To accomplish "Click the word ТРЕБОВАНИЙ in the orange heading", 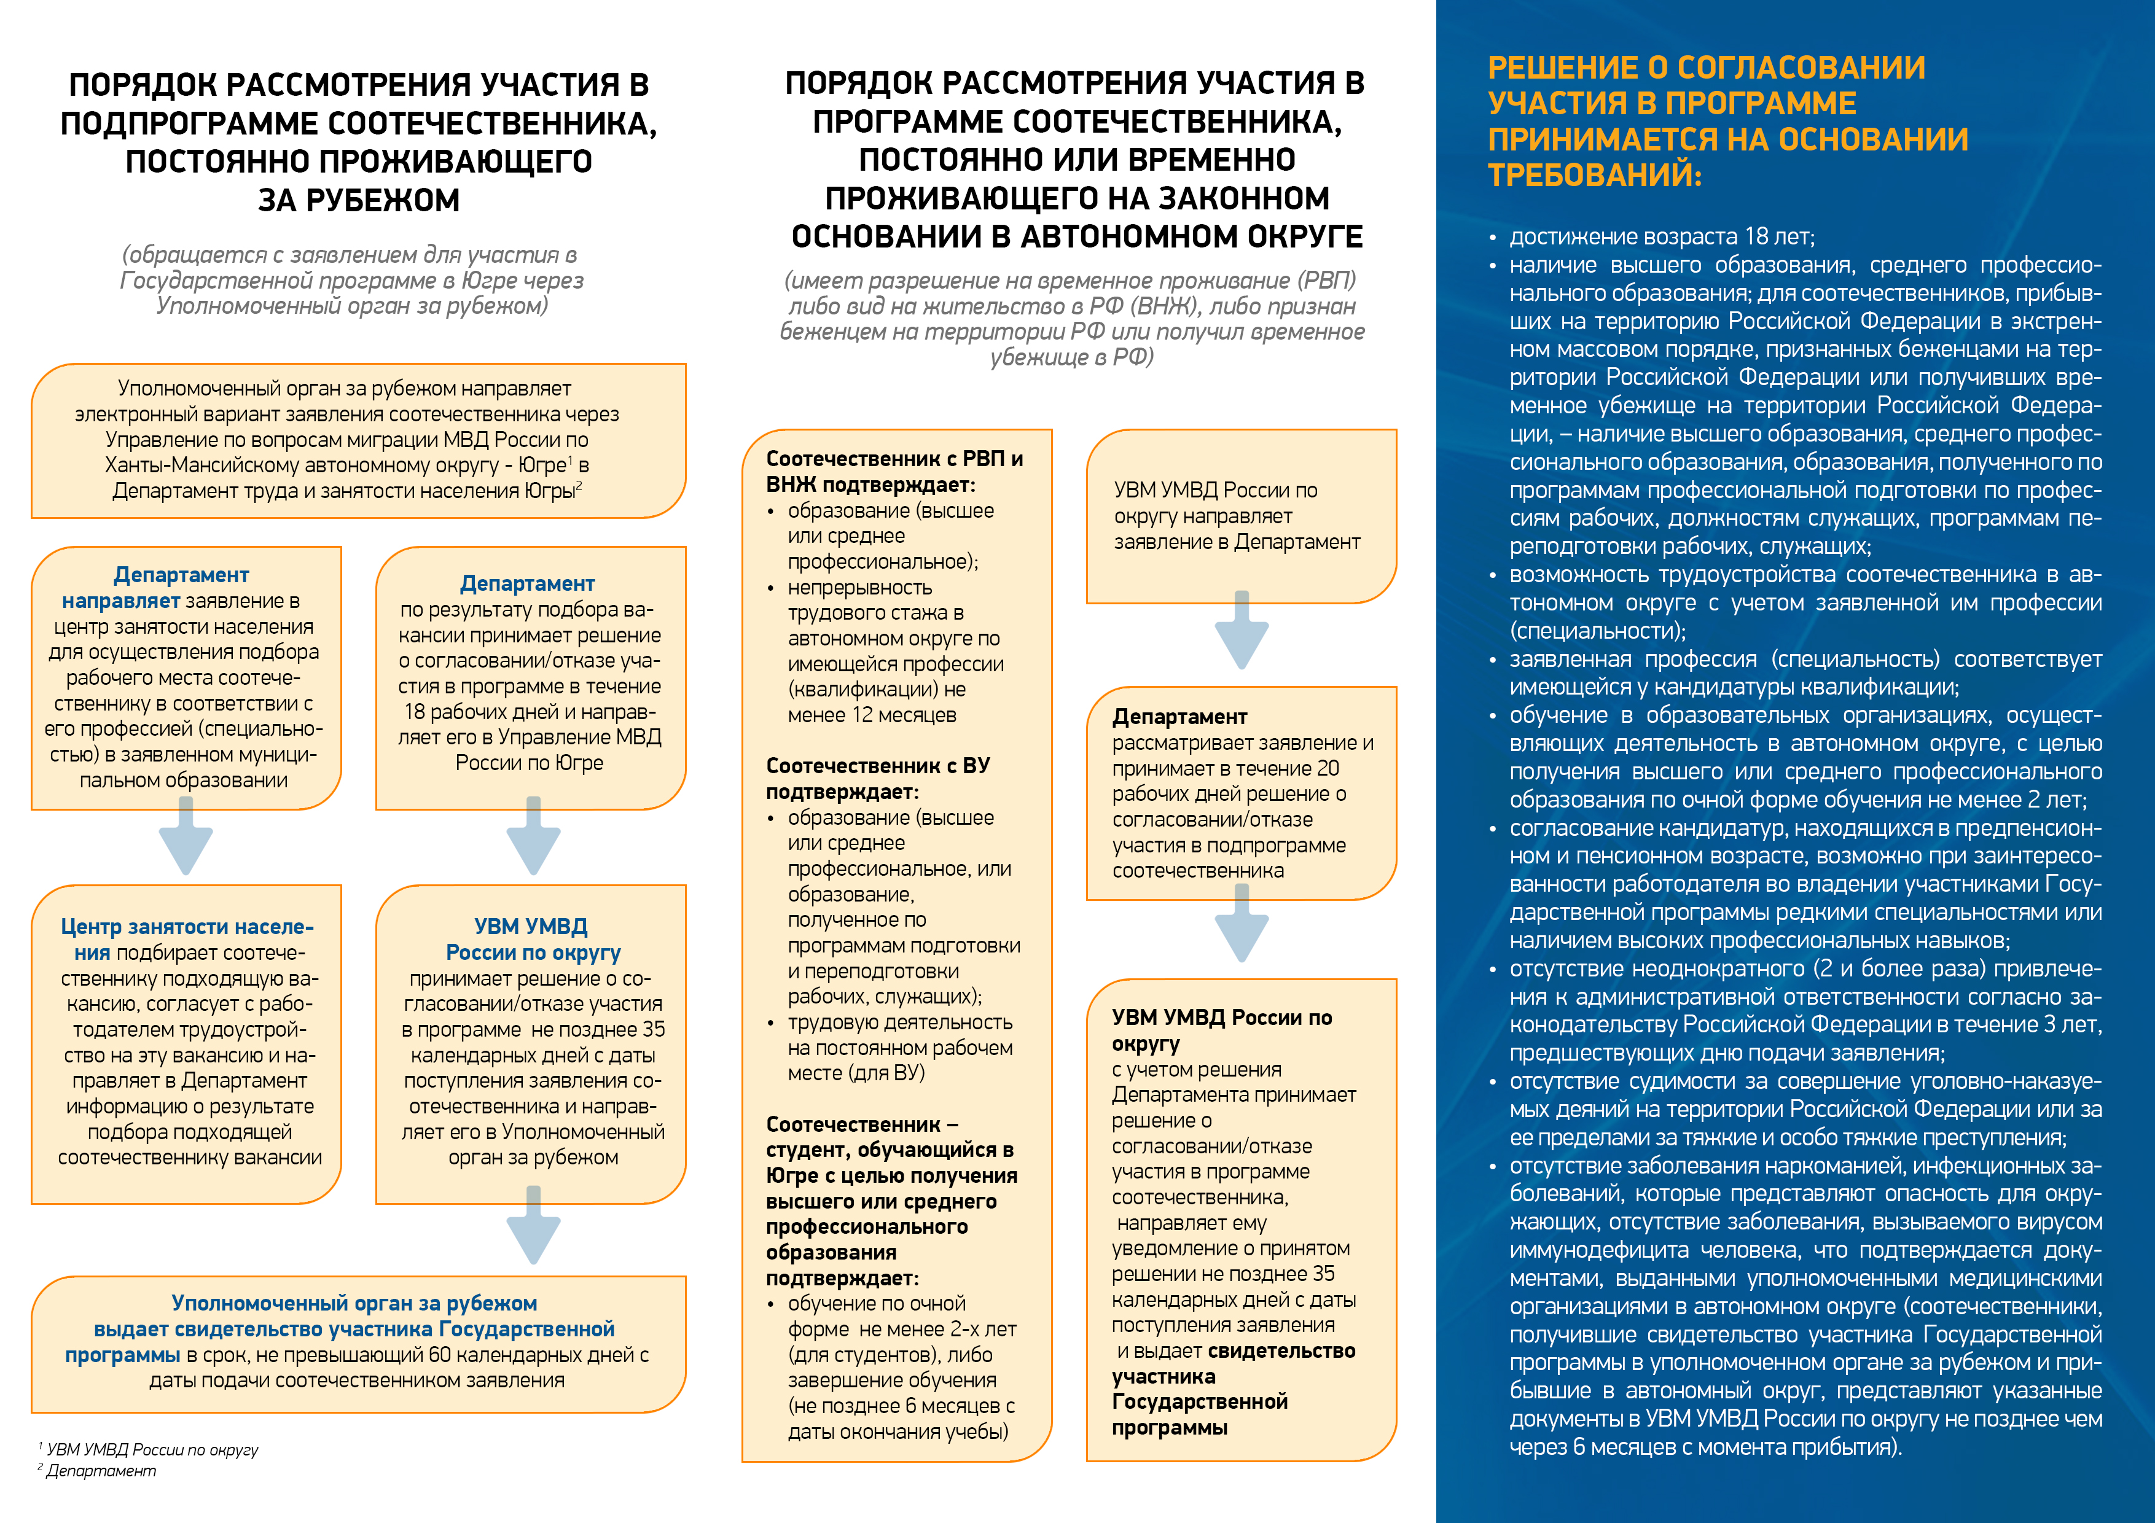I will (1594, 174).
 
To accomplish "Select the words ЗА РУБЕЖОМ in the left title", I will (359, 200).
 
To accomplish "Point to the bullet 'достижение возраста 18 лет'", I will (1661, 236).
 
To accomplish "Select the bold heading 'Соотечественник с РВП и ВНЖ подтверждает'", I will (894, 471).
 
